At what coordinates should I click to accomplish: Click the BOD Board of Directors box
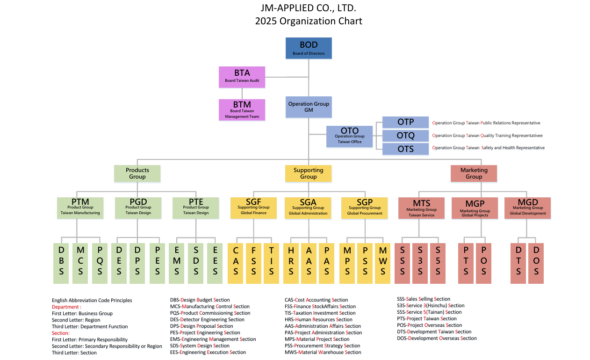(x=309, y=48)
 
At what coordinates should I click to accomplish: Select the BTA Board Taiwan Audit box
(x=242, y=77)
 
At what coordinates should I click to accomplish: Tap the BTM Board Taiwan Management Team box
(x=242, y=110)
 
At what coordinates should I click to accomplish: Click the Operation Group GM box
(x=309, y=107)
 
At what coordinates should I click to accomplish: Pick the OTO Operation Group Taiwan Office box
(x=349, y=136)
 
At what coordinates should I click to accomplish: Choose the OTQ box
(x=405, y=136)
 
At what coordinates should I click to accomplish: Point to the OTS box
(x=405, y=149)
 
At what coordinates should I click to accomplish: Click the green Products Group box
(x=137, y=173)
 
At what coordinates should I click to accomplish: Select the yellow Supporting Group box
(x=308, y=173)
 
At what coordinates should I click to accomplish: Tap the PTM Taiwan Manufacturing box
(x=80, y=208)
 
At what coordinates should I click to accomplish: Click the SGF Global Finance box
(x=253, y=208)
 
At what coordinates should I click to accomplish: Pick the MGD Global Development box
(x=527, y=208)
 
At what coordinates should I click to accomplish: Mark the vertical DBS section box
(x=61, y=263)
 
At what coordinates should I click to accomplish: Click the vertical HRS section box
(x=291, y=263)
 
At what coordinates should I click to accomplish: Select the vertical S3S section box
(x=420, y=263)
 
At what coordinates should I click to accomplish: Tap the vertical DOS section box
(x=536, y=263)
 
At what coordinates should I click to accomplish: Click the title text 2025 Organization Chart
(x=309, y=21)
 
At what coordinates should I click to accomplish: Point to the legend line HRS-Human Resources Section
(x=318, y=319)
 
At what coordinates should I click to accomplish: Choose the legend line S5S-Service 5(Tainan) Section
(x=429, y=312)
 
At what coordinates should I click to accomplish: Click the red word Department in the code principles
(x=65, y=307)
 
